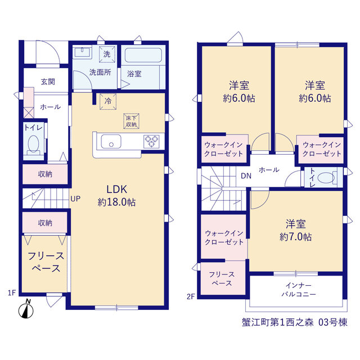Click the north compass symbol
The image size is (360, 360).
click(x=26, y=309)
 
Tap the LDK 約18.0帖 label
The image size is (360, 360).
click(x=116, y=196)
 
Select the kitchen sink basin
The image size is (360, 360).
click(x=111, y=142)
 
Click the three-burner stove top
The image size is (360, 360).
click(x=151, y=141)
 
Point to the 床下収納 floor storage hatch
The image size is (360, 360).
click(x=131, y=121)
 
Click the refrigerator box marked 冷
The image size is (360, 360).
click(x=108, y=101)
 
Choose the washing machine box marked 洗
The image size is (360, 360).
click(x=107, y=54)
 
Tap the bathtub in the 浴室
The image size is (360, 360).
click(x=143, y=55)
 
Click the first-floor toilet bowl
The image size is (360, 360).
click(x=34, y=144)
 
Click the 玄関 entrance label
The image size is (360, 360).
click(x=48, y=82)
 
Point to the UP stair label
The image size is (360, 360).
click(x=75, y=199)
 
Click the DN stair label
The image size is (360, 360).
click(x=246, y=176)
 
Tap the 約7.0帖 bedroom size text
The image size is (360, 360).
click(x=295, y=237)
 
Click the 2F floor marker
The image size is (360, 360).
click(x=191, y=296)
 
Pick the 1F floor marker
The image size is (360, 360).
click(x=12, y=292)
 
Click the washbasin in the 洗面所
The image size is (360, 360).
click(x=82, y=52)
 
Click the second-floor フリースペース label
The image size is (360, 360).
click(x=222, y=279)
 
